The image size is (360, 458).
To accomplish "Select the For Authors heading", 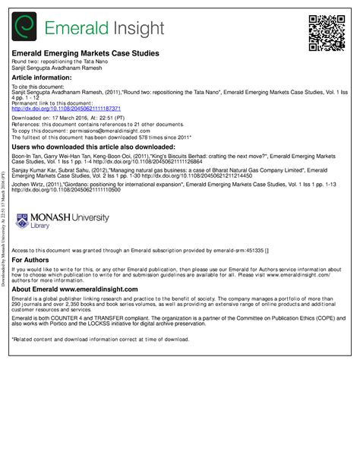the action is (x=33, y=259).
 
